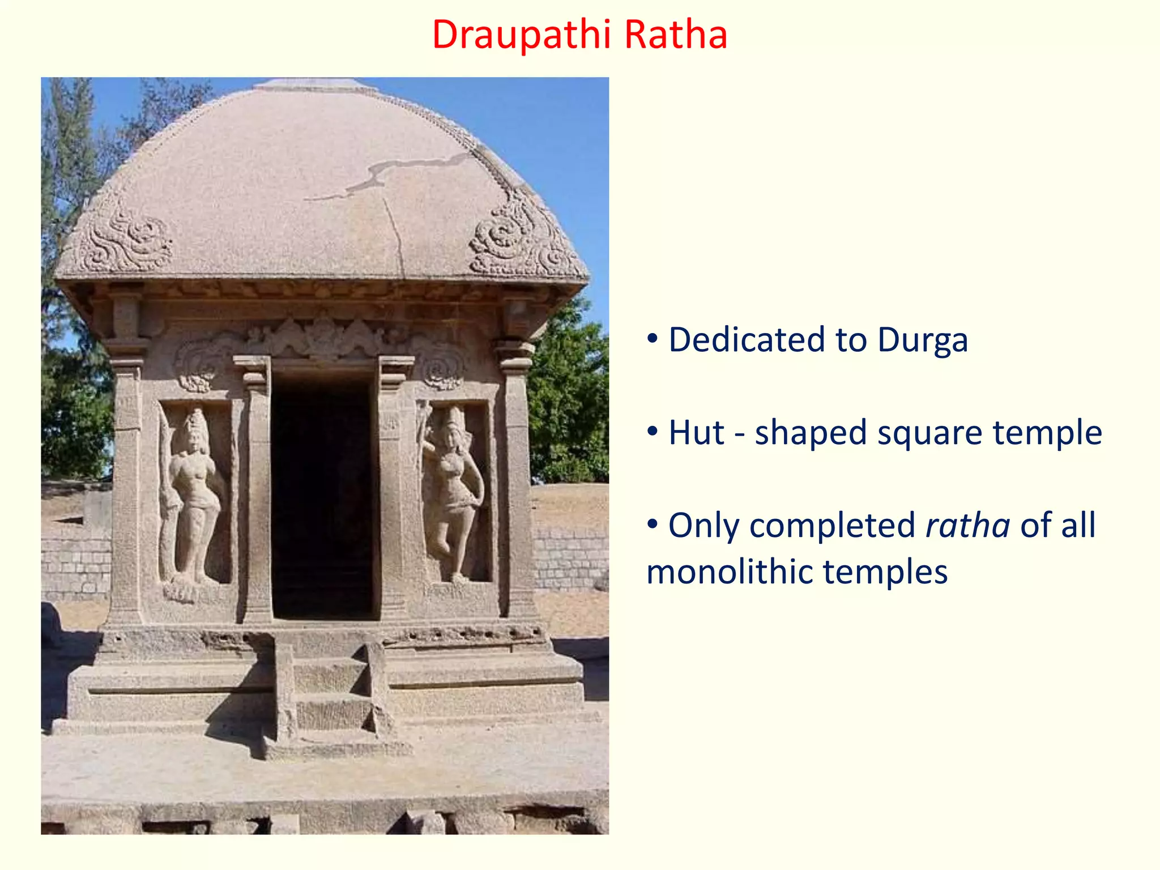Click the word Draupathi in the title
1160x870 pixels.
tap(521, 35)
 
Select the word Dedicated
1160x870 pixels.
tap(747, 340)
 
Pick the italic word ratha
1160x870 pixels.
tap(967, 526)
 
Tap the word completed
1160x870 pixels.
tap(832, 526)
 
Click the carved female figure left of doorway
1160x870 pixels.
tap(193, 493)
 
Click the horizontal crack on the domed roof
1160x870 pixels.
tap(396, 170)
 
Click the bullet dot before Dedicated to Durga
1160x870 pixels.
tap(652, 339)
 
